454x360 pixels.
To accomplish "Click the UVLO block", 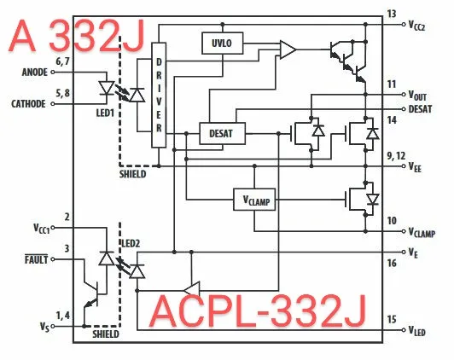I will pyautogui.click(x=223, y=42).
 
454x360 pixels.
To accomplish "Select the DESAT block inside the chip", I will pyautogui.click(x=221, y=133).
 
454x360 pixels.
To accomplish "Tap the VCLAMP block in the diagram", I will pyautogui.click(x=254, y=200).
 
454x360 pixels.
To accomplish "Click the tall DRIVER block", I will pyautogui.click(x=158, y=94).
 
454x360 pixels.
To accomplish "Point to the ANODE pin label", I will pyautogui.click(x=33, y=72).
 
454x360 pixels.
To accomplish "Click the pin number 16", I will pyautogui.click(x=391, y=264).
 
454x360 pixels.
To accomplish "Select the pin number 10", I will pyautogui.click(x=391, y=221).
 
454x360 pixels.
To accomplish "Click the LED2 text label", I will pyautogui.click(x=130, y=244).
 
